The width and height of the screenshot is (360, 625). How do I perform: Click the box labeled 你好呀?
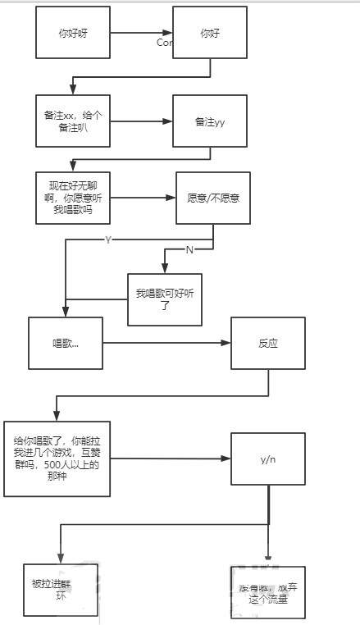[72, 33]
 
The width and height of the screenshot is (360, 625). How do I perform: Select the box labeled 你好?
[210, 33]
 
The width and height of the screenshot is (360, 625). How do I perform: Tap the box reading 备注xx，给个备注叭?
[72, 121]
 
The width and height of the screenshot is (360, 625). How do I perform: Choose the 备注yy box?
[210, 121]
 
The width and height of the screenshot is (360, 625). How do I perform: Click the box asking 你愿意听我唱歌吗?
[72, 198]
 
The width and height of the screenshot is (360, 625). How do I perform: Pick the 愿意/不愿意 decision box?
[213, 198]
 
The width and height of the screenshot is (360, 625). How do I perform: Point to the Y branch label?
[108, 239]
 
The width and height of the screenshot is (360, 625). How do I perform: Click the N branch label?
[189, 249]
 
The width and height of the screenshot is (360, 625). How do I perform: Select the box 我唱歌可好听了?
[164, 299]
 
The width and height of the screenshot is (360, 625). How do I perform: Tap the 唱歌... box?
[66, 342]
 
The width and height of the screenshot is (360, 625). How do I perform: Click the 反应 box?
[267, 343]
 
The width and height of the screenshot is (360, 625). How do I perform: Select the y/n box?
[268, 459]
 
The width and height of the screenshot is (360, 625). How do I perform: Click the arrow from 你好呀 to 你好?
[141, 34]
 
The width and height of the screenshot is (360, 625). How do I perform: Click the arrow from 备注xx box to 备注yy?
[141, 121]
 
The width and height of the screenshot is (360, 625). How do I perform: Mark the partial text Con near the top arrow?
[164, 42]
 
